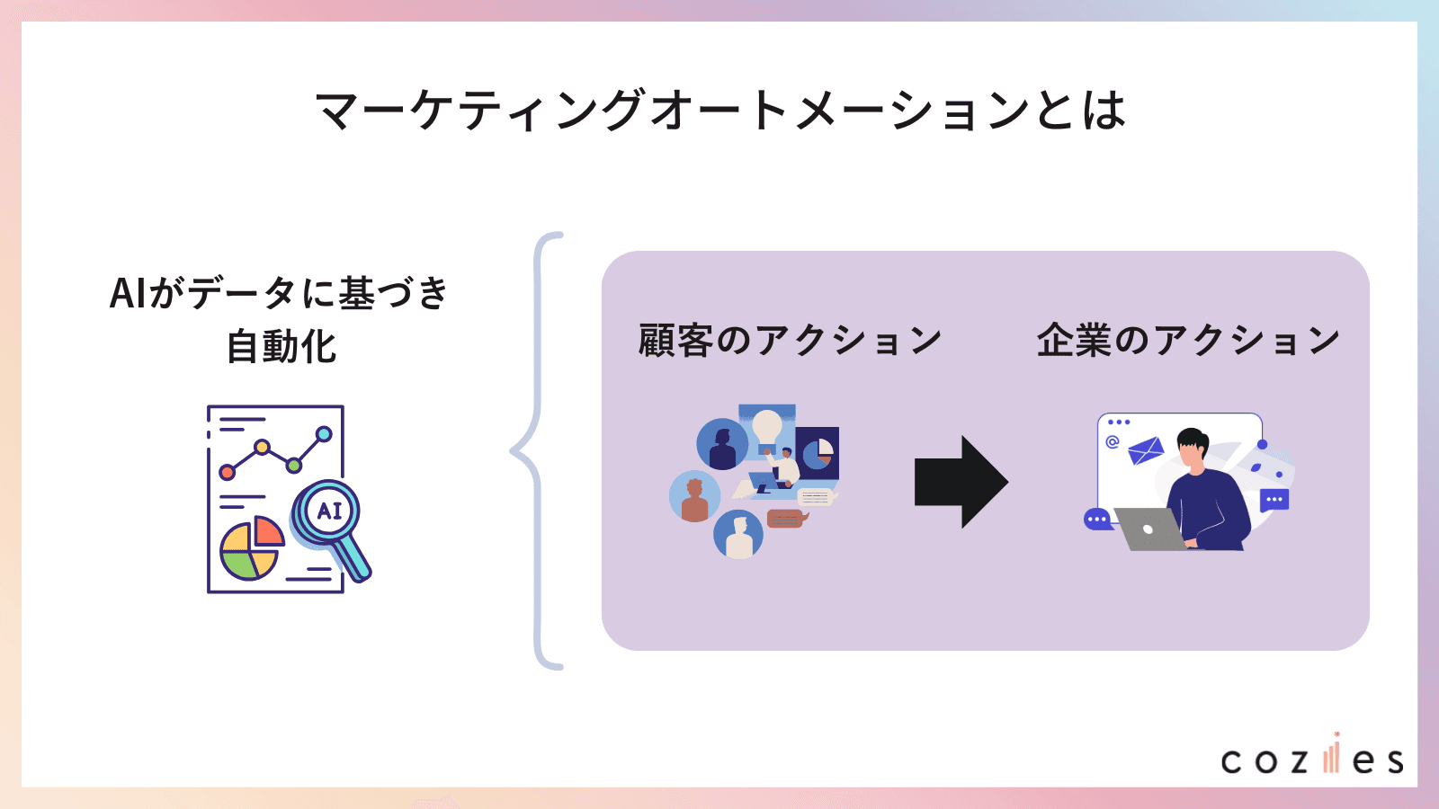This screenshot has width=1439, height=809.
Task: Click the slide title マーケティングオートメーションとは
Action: click(719, 111)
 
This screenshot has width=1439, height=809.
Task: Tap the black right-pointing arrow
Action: click(961, 482)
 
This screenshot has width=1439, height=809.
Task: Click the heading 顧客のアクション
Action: click(790, 341)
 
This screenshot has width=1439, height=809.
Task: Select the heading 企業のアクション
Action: click(1188, 341)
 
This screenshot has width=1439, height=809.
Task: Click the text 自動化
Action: click(281, 347)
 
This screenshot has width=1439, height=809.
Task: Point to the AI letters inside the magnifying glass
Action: click(329, 511)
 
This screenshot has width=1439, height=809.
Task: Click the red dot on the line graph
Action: click(228, 472)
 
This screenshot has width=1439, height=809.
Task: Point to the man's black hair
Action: click(1193, 439)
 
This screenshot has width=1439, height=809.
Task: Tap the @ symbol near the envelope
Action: click(1113, 441)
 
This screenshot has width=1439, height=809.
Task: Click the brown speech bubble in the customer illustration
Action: click(785, 519)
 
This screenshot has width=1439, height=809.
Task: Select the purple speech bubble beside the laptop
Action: click(1097, 520)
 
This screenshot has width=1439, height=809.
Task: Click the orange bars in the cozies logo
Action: click(1331, 757)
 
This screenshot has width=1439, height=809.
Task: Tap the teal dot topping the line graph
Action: click(324, 434)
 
